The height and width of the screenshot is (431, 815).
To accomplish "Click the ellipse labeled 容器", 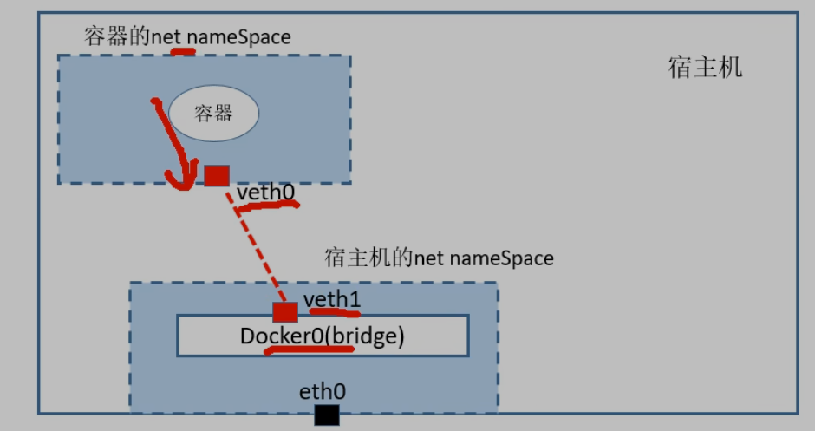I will tap(212, 114).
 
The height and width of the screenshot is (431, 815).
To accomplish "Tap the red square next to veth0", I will tap(217, 175).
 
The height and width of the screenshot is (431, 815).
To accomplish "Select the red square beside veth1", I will tap(284, 312).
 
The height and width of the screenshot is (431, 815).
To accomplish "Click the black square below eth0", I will tap(327, 415).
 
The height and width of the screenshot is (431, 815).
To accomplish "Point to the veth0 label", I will tap(265, 192).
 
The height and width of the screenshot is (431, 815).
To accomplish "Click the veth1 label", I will tap(332, 299).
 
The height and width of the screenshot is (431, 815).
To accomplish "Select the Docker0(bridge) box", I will tap(323, 336).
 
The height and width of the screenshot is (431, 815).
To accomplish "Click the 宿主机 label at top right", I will tap(705, 69).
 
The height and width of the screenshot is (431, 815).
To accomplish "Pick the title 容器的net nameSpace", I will tap(187, 36).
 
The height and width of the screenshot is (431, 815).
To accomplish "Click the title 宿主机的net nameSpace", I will tap(439, 258).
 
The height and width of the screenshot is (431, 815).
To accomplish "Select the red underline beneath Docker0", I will tap(308, 350).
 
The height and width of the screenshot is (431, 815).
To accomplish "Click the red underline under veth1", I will tap(334, 312).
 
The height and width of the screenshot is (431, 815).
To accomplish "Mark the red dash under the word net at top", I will tap(183, 51).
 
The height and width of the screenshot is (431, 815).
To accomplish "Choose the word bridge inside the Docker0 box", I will tap(369, 336).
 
